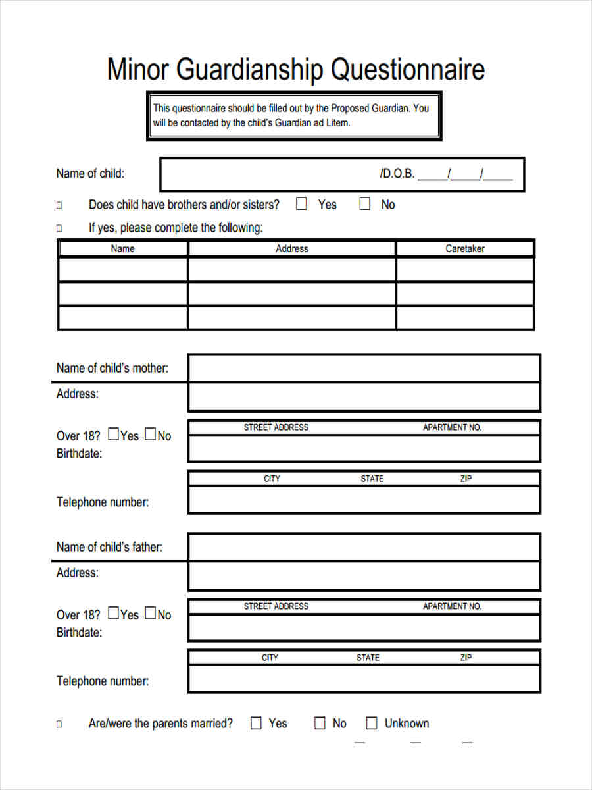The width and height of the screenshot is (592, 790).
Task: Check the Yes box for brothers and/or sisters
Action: click(x=301, y=204)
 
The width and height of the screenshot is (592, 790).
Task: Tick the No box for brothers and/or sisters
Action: click(x=364, y=204)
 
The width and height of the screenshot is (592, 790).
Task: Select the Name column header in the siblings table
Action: click(x=122, y=249)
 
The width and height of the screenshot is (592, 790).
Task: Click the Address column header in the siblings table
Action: click(x=291, y=249)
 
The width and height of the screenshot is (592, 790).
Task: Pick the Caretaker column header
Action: click(x=464, y=249)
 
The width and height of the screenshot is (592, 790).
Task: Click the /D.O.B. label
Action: click(x=397, y=174)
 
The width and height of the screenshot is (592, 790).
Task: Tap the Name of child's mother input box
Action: click(x=364, y=368)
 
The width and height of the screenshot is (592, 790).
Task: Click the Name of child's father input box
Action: click(x=364, y=547)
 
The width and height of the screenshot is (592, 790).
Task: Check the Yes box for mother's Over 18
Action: click(x=113, y=434)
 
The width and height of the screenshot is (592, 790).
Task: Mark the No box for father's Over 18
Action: click(x=150, y=614)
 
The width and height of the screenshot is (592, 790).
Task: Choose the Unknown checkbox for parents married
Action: click(x=372, y=724)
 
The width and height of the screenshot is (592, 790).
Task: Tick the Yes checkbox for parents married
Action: click(x=257, y=724)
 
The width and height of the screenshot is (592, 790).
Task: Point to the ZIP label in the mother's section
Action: click(x=466, y=479)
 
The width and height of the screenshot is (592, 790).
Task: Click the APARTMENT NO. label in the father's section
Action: click(x=452, y=606)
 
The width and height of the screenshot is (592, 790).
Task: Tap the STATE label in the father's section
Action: click(x=368, y=658)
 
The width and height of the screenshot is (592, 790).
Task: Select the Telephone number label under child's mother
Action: click(x=103, y=502)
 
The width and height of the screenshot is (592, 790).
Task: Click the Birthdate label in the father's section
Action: click(x=79, y=633)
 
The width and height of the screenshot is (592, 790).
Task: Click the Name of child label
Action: click(x=90, y=174)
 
